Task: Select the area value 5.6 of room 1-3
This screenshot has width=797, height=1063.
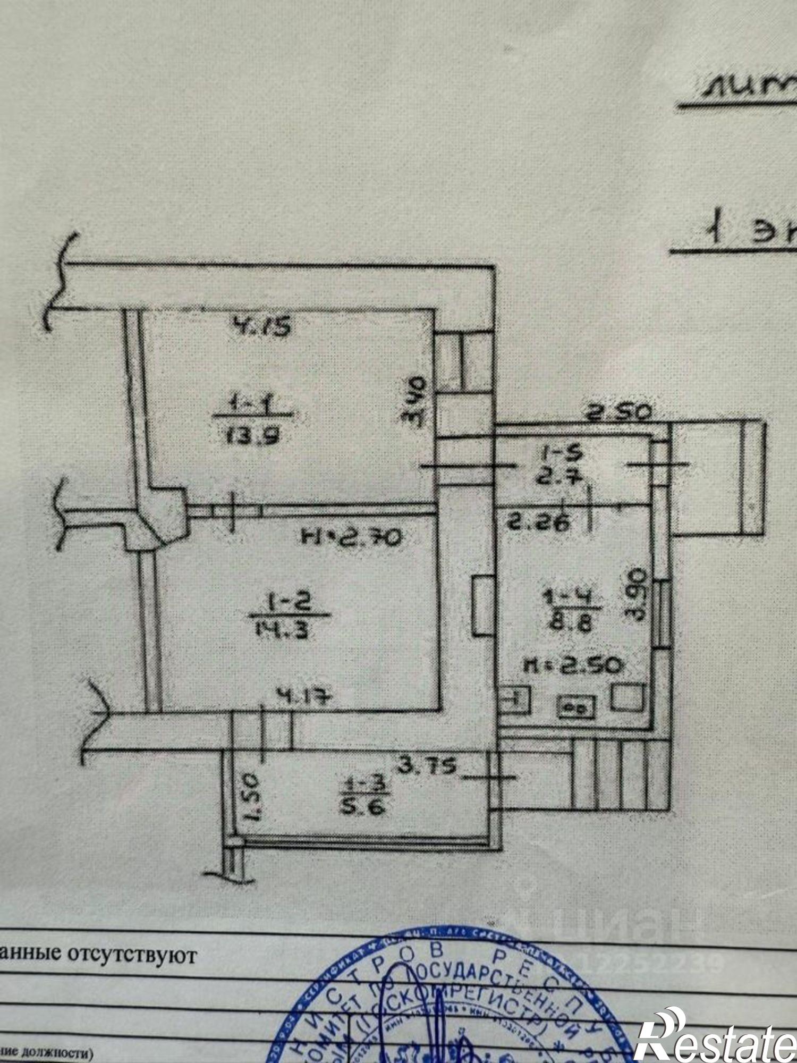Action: (x=366, y=808)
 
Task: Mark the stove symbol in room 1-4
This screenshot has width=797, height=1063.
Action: (x=576, y=707)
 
